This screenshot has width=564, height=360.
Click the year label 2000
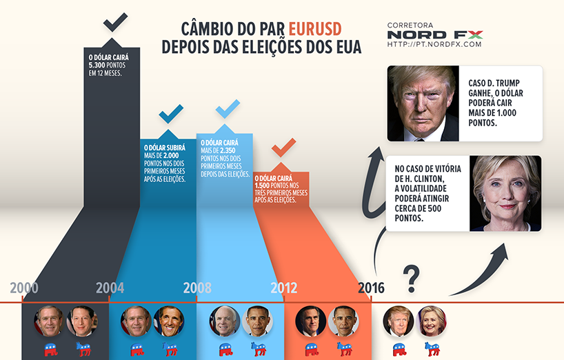(x=24, y=288)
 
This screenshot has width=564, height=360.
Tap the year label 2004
(x=110, y=288)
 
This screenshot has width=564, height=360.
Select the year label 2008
(x=197, y=288)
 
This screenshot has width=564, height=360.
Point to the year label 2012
(x=284, y=288)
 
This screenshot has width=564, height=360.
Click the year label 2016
(x=371, y=288)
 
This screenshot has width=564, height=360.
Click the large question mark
(x=411, y=277)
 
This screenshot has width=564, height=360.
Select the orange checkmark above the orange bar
(x=283, y=147)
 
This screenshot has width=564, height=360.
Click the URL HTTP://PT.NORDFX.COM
(x=434, y=45)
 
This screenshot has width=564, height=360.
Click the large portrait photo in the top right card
(x=423, y=103)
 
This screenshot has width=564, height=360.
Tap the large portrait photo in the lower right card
(x=505, y=193)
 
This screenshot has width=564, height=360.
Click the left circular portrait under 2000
(x=50, y=321)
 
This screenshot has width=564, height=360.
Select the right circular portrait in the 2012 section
(x=343, y=321)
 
